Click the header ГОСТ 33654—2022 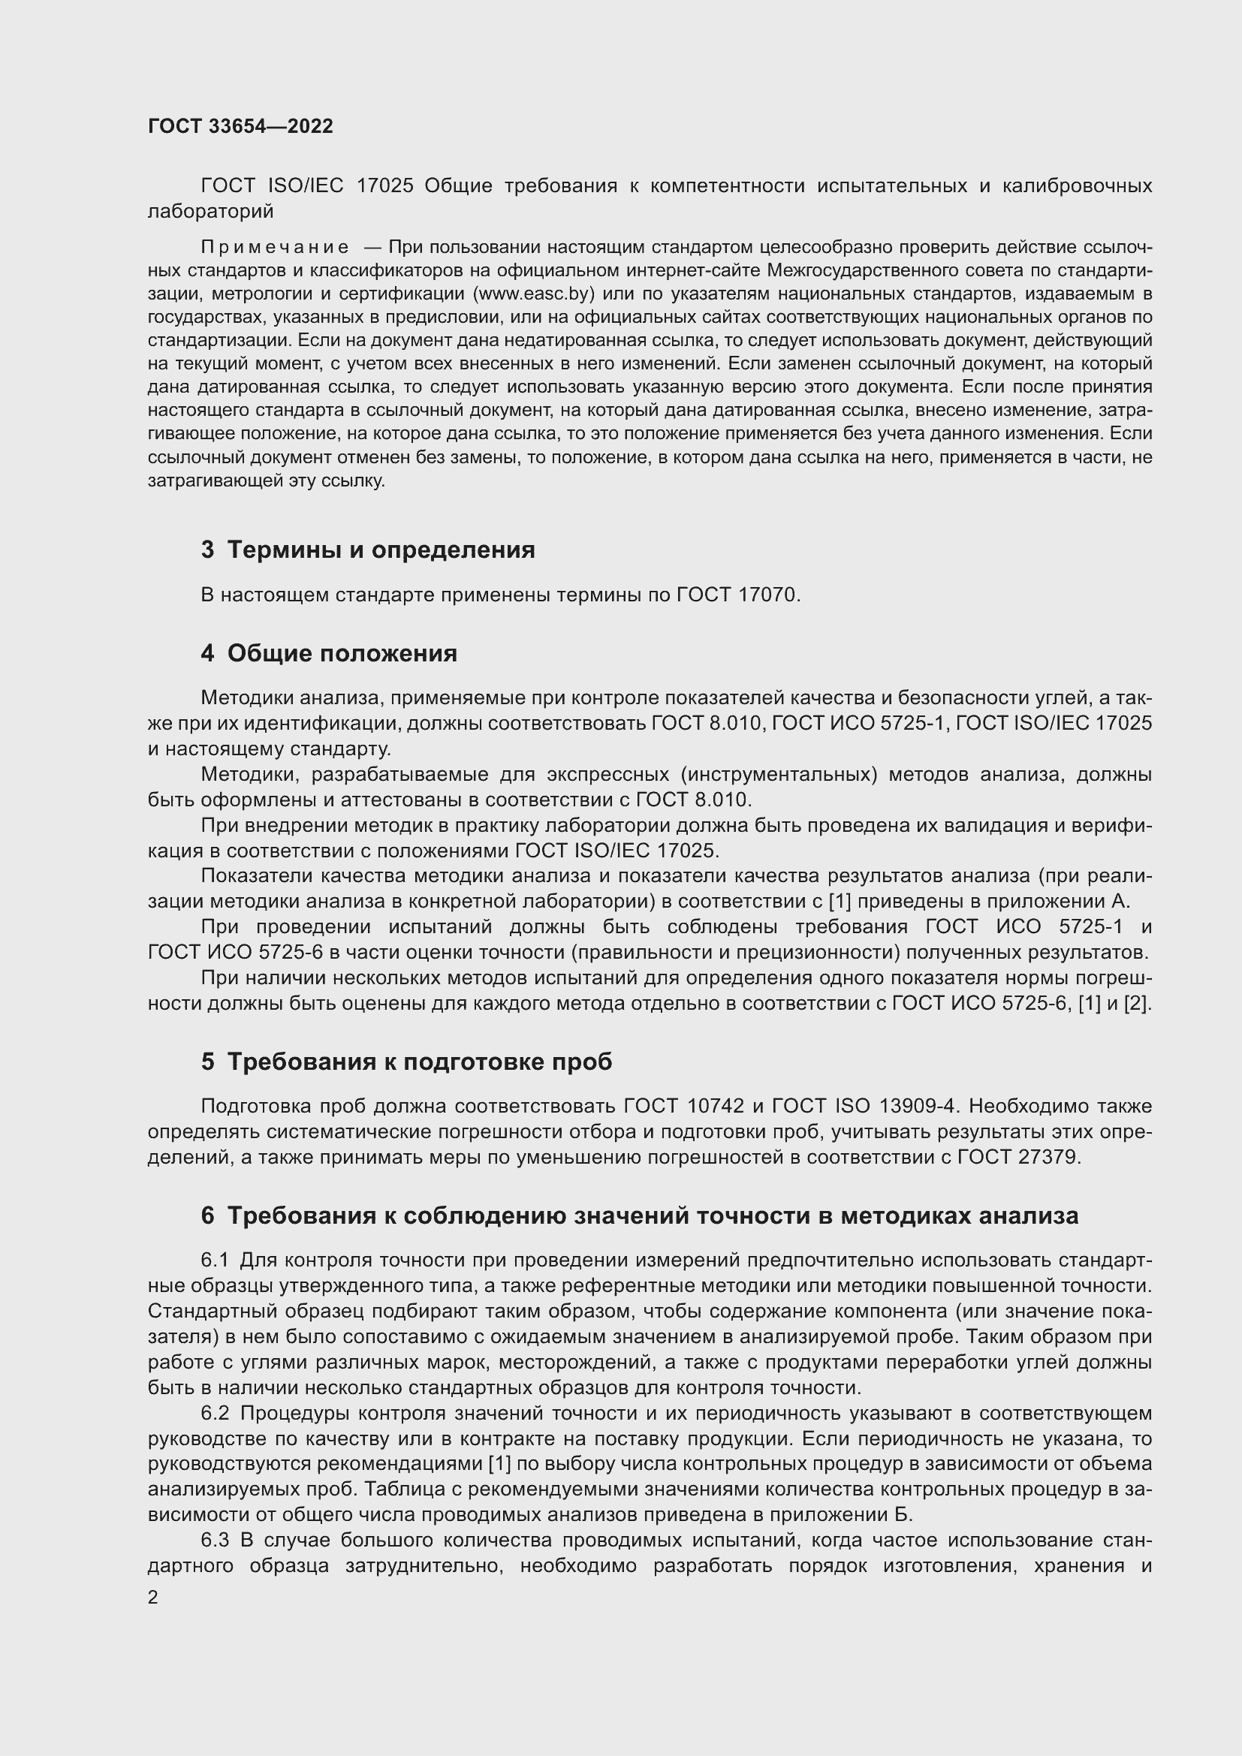(x=240, y=126)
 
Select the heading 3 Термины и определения (x=368, y=549)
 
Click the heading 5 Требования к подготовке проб (x=406, y=1062)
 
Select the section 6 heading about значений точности (x=639, y=1215)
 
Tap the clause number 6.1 (x=215, y=1260)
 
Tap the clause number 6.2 (x=215, y=1414)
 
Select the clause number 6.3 (x=215, y=1541)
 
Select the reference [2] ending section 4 (x=1136, y=1004)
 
